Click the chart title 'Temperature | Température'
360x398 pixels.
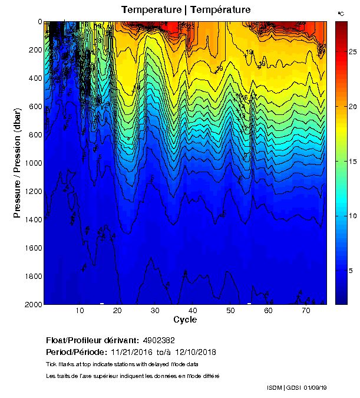186,10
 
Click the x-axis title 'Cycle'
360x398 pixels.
185,320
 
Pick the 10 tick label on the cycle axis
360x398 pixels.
80,311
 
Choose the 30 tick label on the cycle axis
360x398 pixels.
155,311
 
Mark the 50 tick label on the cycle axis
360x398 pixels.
230,311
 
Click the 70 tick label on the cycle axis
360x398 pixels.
306,311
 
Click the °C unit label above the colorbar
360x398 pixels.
341,13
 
